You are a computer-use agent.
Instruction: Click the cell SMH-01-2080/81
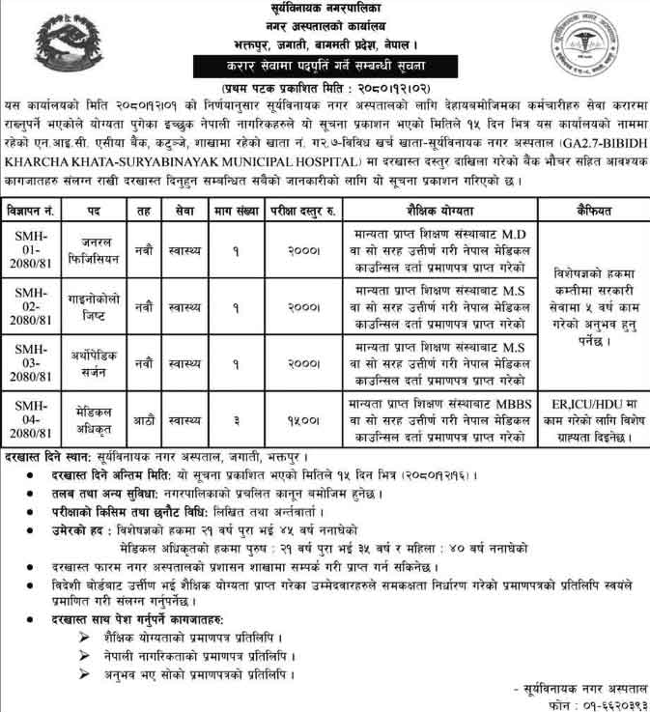pos(31,246)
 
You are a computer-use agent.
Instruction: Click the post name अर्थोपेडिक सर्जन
pos(99,359)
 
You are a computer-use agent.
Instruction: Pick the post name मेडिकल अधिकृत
pos(99,414)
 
